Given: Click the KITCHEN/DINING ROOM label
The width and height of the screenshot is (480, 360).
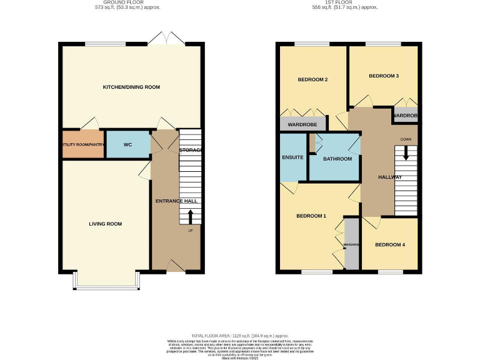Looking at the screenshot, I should point(131,87).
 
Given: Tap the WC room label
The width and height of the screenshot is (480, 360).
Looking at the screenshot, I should point(127,145).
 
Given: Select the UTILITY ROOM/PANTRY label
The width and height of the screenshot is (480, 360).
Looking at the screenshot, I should point(82,145).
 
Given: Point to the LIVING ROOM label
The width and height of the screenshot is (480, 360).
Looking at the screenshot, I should point(105,224).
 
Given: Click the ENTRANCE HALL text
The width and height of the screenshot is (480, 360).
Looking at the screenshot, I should point(176,201).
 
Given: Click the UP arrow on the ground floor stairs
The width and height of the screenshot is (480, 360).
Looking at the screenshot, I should point(191,216).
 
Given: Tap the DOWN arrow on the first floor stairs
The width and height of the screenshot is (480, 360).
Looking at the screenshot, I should point(406,152).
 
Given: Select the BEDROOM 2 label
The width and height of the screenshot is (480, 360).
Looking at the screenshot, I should point(312,80).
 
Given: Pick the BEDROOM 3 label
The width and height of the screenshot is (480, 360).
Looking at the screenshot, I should point(383,76).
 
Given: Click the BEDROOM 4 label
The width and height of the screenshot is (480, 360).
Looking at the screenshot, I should point(390,244).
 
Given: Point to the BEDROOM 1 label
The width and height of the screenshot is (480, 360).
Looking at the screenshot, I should point(311,216).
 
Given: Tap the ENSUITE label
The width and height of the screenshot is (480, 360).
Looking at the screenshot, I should point(292,157).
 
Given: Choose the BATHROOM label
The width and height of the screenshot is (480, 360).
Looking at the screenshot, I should point(337,159).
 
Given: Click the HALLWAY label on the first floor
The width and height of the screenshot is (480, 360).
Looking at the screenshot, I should point(389,177).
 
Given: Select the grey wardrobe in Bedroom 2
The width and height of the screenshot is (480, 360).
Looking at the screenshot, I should point(302,125).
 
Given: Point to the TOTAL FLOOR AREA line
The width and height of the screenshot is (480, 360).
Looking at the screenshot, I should point(240,336).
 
